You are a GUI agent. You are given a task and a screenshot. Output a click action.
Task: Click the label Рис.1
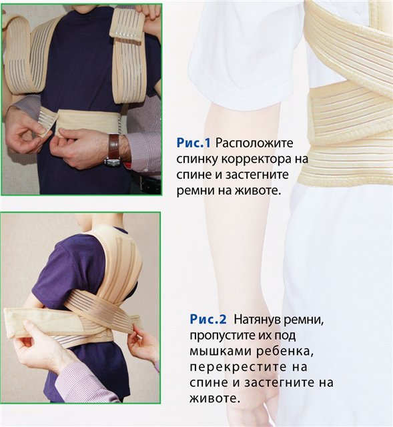click(193, 143)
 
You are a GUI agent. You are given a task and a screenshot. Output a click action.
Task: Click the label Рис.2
click(208, 319)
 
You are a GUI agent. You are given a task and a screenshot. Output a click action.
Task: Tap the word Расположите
click(254, 143)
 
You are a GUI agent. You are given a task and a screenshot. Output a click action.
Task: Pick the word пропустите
click(222, 336)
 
